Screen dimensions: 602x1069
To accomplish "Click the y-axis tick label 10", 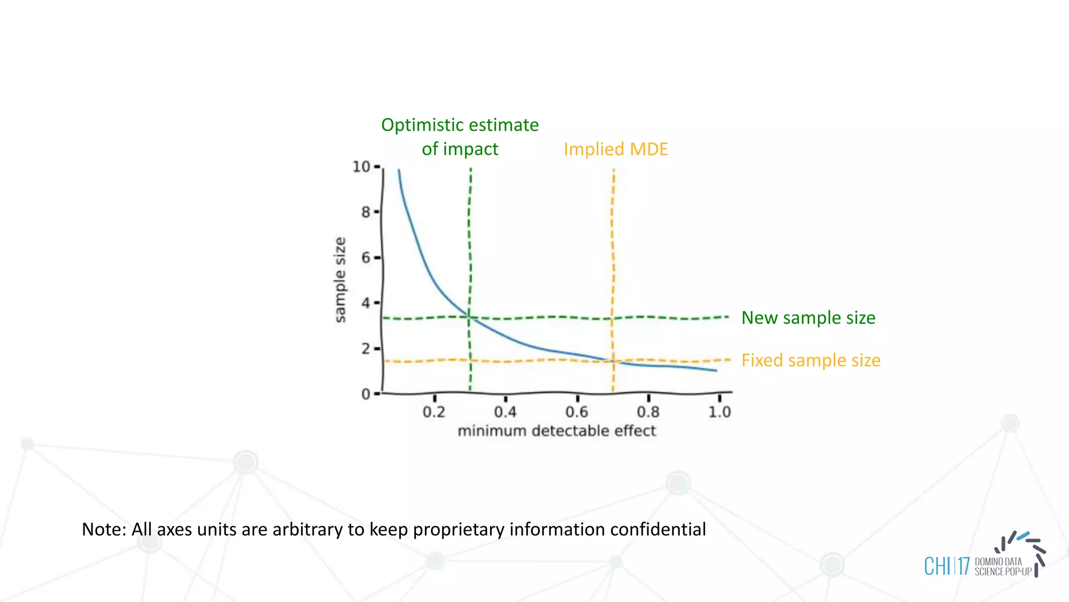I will [x=361, y=167].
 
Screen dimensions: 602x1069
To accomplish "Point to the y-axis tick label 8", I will [x=365, y=212].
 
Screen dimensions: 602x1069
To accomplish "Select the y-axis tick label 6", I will [x=365, y=258].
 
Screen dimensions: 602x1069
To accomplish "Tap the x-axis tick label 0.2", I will [x=434, y=412].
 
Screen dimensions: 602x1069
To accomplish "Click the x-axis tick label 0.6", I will [x=576, y=412].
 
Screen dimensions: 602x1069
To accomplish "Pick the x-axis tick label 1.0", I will [x=719, y=412].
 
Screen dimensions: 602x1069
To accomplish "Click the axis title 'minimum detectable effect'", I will [x=556, y=431].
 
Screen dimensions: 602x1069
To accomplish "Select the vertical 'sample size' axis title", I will [x=340, y=280].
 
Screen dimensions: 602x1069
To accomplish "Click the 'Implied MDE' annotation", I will [x=615, y=149].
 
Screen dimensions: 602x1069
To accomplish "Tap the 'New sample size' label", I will [x=808, y=318].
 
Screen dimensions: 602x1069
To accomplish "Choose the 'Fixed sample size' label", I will [x=811, y=361].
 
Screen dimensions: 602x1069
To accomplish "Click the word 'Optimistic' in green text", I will [x=421, y=125].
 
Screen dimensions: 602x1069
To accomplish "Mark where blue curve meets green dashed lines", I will [x=469, y=317].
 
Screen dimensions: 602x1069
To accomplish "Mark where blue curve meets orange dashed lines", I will [x=612, y=361].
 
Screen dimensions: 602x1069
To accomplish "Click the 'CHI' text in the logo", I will [x=937, y=566].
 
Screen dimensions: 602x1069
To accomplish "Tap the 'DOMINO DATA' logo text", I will [x=998, y=562].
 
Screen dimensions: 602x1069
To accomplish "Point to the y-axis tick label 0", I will [x=365, y=394].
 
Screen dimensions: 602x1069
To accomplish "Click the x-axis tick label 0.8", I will [x=648, y=412].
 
